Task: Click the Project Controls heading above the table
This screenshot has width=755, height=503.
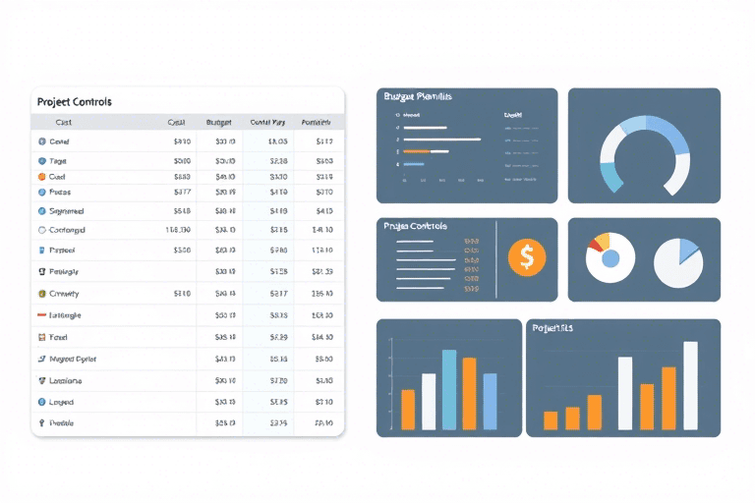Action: (x=74, y=101)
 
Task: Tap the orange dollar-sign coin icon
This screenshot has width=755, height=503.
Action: (x=527, y=257)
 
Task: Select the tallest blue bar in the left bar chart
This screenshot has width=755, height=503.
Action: (x=449, y=390)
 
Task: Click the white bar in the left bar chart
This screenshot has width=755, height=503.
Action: (x=429, y=401)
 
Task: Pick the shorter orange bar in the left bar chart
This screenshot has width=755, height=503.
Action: (x=408, y=410)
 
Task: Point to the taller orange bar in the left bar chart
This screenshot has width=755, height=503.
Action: (x=470, y=393)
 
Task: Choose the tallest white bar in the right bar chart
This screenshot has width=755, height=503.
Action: (x=690, y=385)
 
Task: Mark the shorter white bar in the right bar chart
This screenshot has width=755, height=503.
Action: (x=625, y=393)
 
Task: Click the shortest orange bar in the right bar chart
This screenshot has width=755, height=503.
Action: (x=551, y=420)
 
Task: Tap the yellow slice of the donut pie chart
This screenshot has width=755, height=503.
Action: (x=604, y=239)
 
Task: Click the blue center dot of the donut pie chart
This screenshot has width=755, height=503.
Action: (x=610, y=259)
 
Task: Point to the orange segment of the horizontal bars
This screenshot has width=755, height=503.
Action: (x=416, y=151)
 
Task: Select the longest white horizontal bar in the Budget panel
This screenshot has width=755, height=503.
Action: (x=442, y=140)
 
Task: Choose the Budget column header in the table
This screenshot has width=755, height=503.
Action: (x=218, y=123)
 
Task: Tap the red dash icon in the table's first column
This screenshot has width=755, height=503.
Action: (x=41, y=315)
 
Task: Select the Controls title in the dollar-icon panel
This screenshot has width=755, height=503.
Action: (x=418, y=226)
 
